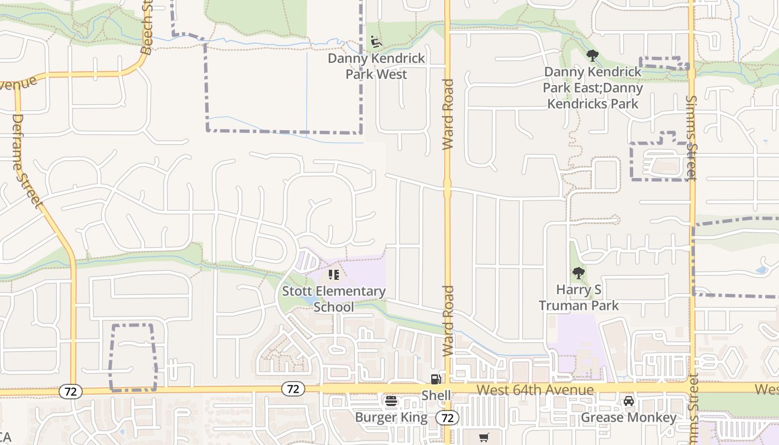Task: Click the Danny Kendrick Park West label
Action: tap(376, 66)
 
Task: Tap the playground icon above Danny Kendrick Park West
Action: tap(376, 42)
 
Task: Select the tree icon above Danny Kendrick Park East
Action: tap(592, 56)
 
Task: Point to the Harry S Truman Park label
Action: tap(579, 298)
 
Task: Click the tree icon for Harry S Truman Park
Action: tap(579, 273)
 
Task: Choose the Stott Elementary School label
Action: tap(334, 299)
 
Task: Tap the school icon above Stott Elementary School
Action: tap(334, 274)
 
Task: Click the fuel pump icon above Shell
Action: tap(436, 379)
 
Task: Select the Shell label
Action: tap(436, 395)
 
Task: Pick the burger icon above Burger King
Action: tap(391, 401)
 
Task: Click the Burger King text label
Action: tap(391, 417)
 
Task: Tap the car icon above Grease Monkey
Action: tap(629, 401)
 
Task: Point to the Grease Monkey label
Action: tap(629, 417)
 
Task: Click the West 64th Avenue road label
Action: tap(535, 390)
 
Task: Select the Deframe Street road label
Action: tap(26, 161)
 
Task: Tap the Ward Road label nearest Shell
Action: tap(448, 322)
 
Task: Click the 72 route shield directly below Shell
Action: tap(447, 417)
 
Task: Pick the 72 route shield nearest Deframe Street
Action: tap(70, 392)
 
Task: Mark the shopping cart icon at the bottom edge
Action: tap(484, 438)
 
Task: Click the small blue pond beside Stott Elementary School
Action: tap(305, 301)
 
